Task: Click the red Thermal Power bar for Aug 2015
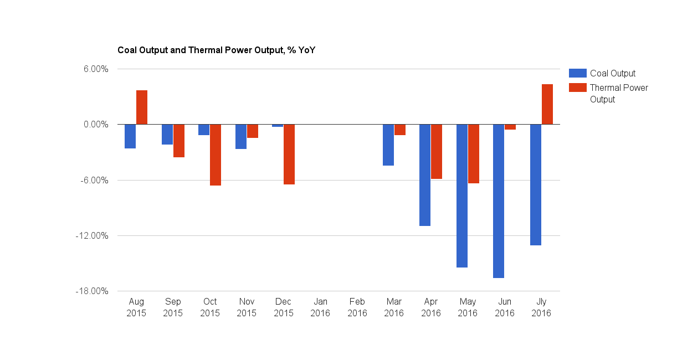coord(142,107)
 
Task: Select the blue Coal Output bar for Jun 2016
coord(499,201)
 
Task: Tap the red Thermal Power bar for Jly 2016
coord(547,104)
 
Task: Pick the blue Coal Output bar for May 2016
coord(462,196)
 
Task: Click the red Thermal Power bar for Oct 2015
coord(216,155)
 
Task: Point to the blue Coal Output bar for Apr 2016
coord(425,175)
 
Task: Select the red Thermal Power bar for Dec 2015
coord(289,155)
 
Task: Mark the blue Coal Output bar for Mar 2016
coord(388,145)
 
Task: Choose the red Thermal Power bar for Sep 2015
coord(179,141)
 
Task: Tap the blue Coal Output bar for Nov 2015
coord(241,137)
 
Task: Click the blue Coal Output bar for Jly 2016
coord(535,185)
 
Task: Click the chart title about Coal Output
coord(217,50)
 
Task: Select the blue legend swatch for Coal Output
coord(577,73)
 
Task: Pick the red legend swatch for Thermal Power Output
coord(577,88)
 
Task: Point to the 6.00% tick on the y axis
coord(96,69)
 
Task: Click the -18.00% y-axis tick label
coord(93,291)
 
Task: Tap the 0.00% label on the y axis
coord(96,125)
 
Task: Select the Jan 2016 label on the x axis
coord(321,307)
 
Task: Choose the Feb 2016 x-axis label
coord(357,307)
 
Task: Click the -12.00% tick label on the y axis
coord(93,236)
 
